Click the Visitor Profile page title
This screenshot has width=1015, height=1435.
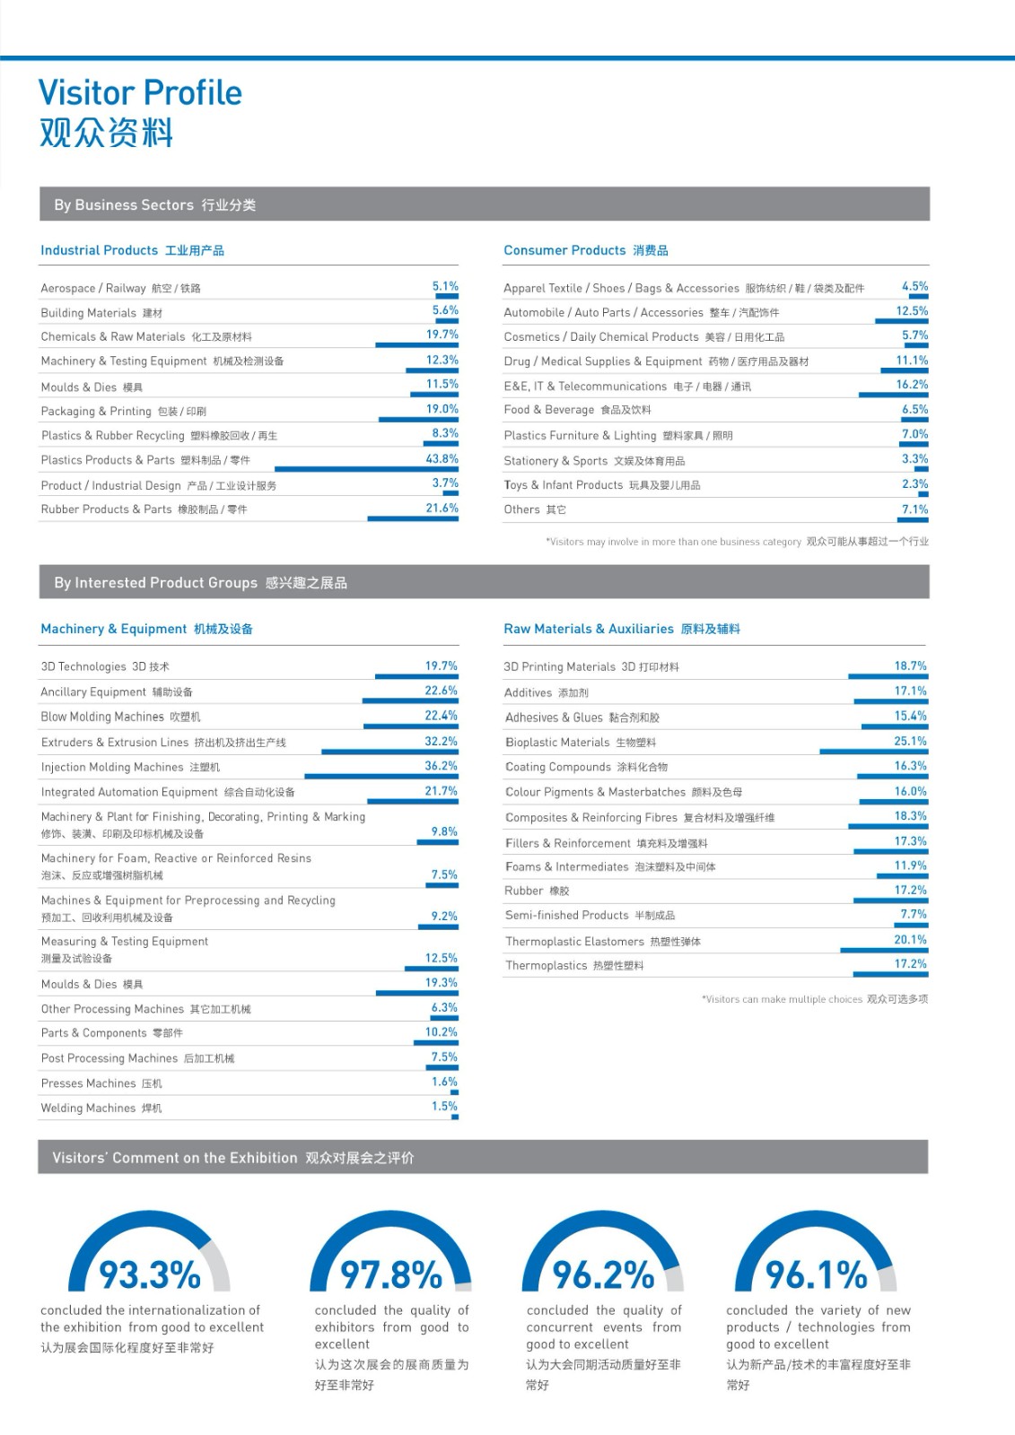click(140, 92)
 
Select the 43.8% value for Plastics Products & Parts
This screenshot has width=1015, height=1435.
click(442, 458)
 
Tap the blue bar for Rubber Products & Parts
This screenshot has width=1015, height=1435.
click(413, 518)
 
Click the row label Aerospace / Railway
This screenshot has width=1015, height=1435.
click(93, 288)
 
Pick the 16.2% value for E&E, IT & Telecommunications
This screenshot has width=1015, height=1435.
click(912, 384)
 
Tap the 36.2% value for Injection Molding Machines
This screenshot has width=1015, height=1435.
click(441, 766)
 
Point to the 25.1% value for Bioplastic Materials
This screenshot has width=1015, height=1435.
click(910, 741)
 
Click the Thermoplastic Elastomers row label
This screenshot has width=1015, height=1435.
click(574, 941)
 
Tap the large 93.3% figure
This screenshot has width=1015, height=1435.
click(150, 1274)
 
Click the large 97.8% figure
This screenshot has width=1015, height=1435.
click(390, 1274)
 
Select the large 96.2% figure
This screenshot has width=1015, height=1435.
click(603, 1274)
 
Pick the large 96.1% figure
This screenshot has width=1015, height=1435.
click(816, 1274)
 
